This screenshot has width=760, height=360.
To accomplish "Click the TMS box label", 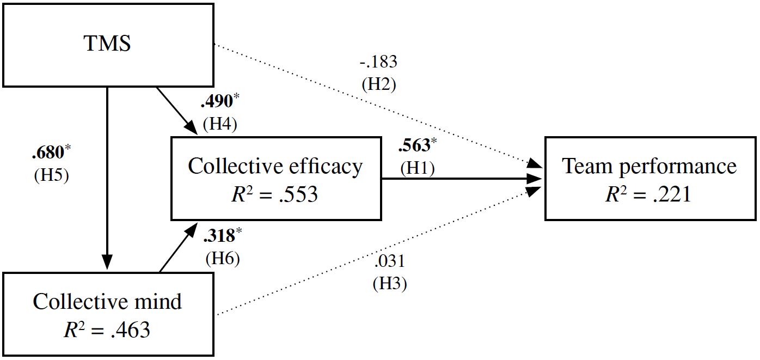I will [x=107, y=44].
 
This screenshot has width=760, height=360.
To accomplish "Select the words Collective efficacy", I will [x=275, y=166].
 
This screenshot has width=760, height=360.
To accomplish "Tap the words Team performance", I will [x=649, y=166].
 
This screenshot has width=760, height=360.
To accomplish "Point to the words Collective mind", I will [x=107, y=301].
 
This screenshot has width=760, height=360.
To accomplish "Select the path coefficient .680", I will [x=48, y=151].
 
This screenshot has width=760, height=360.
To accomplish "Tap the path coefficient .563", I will [x=414, y=145].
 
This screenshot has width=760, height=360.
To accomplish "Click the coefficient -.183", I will [x=378, y=62].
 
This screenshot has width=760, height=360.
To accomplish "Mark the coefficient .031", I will [x=390, y=261].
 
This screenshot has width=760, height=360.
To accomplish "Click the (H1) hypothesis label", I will [x=418, y=168].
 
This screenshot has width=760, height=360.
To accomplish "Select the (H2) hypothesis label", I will [x=379, y=84].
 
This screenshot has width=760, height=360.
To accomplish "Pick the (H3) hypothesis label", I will [x=390, y=284].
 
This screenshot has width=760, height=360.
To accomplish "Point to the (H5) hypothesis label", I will [x=51, y=175].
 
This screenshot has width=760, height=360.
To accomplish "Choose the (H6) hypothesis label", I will [x=222, y=258].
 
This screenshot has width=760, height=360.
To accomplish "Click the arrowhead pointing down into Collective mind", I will [x=107, y=263].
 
